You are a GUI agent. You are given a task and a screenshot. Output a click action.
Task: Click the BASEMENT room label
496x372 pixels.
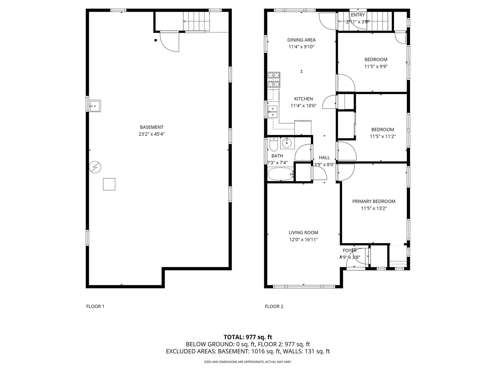pyautogui.click(x=152, y=127)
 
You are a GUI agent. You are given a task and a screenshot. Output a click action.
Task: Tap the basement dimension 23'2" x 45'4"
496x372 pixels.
pyautogui.click(x=152, y=134)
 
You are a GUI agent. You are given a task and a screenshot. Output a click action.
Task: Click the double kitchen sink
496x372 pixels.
pyautogui.click(x=272, y=112)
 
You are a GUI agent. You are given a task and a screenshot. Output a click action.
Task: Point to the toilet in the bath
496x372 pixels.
pyautogui.click(x=273, y=145)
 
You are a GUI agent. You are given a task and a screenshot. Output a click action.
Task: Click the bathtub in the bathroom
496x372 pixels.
pyautogui.click(x=281, y=174)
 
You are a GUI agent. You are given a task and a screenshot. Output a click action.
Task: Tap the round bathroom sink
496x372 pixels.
pyautogui.click(x=286, y=143)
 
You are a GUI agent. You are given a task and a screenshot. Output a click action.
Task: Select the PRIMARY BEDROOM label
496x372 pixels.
pyautogui.click(x=374, y=201)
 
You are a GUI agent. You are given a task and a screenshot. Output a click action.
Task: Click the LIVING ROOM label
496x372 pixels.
pyautogui.click(x=303, y=232)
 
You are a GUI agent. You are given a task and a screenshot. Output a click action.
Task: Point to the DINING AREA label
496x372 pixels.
pyautogui.click(x=301, y=40)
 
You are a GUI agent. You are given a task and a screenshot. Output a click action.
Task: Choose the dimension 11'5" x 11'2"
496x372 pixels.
pyautogui.click(x=382, y=136)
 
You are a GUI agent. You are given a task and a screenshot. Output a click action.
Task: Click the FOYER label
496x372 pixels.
pyautogui.click(x=350, y=250)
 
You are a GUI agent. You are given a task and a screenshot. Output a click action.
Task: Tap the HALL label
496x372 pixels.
pyautogui.click(x=324, y=157)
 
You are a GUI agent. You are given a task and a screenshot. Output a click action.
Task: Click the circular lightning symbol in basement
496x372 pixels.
pyautogui.click(x=95, y=167)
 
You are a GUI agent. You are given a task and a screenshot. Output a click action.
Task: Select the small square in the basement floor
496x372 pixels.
pyautogui.click(x=109, y=184)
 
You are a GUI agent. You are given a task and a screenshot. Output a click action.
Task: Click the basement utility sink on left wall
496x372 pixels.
pyautogui.click(x=94, y=106)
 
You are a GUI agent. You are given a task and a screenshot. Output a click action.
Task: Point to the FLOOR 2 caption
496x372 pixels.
pyautogui.click(x=274, y=306)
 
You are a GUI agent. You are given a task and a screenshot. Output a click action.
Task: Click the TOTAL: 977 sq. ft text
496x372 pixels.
pyautogui.click(x=248, y=337)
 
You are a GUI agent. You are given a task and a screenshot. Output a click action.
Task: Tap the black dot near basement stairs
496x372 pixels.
pyautogui.click(x=156, y=40)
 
